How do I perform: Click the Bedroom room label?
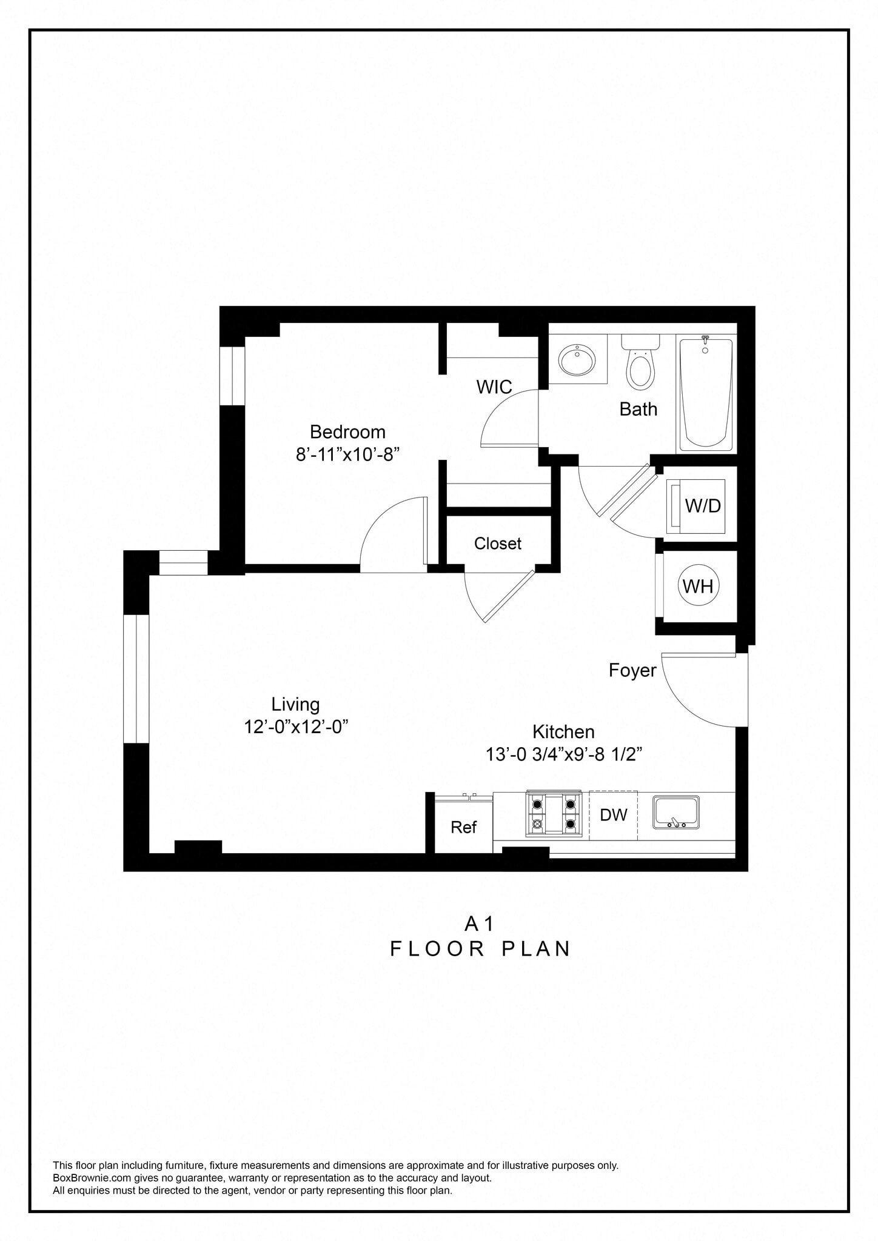(x=347, y=431)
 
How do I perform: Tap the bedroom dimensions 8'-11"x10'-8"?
(x=347, y=454)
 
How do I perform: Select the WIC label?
(x=494, y=387)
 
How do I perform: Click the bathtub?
(x=705, y=394)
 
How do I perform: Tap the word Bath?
(x=638, y=409)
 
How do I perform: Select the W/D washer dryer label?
(x=702, y=505)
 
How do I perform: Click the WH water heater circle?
(x=698, y=586)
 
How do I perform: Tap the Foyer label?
(x=632, y=670)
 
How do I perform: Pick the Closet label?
(x=497, y=544)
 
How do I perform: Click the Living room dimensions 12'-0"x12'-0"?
(x=295, y=727)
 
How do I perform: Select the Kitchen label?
(x=563, y=731)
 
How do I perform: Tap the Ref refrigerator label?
(x=463, y=827)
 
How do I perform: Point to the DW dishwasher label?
(x=613, y=815)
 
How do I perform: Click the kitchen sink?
(x=675, y=813)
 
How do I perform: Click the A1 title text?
(x=479, y=923)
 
